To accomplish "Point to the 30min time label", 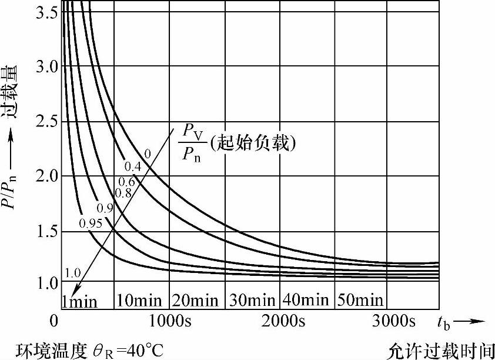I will coord(251,301).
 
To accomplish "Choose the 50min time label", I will coord(361,301).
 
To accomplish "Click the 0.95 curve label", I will coord(91,223).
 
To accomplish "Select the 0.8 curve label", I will coord(123,192).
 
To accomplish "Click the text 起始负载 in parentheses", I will coord(255,143).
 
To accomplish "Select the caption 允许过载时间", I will coord(441,351).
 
